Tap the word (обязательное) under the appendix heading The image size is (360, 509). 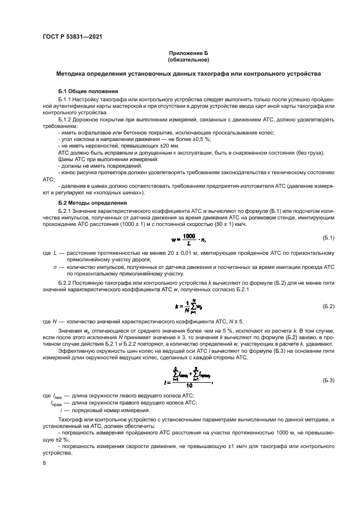point(188,59)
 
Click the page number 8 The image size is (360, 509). point(44,463)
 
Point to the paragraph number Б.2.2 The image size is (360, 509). point(65,283)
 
